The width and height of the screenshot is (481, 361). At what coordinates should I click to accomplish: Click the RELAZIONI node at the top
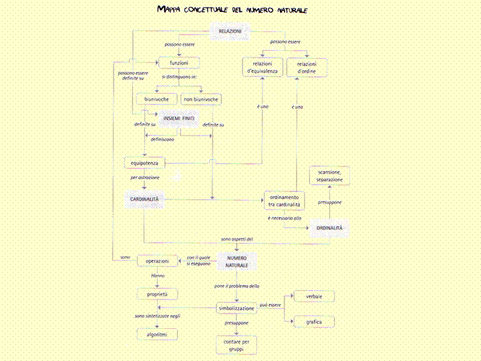click(x=230, y=31)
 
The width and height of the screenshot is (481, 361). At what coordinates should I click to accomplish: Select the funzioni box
click(x=179, y=62)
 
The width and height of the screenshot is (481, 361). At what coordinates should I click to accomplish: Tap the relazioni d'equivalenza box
click(x=262, y=67)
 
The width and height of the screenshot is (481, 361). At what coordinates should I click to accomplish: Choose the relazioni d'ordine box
click(x=307, y=67)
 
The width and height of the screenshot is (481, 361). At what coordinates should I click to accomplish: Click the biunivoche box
click(x=156, y=99)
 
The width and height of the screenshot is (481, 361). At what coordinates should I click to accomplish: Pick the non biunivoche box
click(x=200, y=99)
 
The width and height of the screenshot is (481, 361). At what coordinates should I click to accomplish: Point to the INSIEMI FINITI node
click(x=179, y=118)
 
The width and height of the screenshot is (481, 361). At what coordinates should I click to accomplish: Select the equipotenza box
click(x=144, y=162)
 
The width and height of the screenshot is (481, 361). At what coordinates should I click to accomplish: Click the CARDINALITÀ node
click(x=144, y=199)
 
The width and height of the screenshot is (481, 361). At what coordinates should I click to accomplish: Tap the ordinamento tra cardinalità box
click(x=285, y=200)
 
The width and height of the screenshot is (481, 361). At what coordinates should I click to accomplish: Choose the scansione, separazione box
click(x=330, y=176)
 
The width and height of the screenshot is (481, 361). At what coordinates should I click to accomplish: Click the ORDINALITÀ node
click(x=330, y=228)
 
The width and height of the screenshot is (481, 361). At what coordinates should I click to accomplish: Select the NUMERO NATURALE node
click(x=236, y=261)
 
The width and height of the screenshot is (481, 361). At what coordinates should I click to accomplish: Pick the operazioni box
click(x=157, y=260)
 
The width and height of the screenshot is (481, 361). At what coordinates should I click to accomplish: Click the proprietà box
click(x=157, y=293)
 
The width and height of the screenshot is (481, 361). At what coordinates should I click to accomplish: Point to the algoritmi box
click(x=157, y=334)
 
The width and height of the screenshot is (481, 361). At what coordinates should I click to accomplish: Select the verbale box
click(x=314, y=296)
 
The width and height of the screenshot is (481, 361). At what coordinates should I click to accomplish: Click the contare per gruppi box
click(x=236, y=345)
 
